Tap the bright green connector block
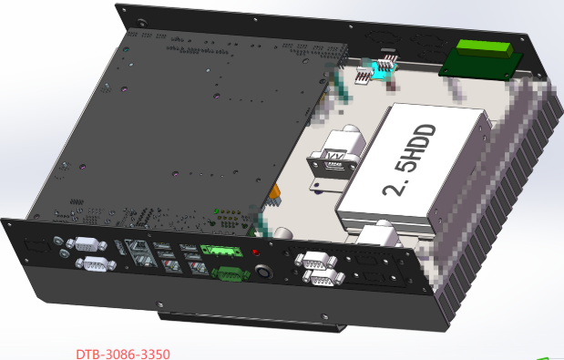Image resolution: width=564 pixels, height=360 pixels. (x=483, y=50)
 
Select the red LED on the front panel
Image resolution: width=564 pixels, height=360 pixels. (x=255, y=252)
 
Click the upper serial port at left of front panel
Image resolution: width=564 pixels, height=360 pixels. (x=89, y=244)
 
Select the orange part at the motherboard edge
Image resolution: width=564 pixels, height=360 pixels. (x=272, y=193)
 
